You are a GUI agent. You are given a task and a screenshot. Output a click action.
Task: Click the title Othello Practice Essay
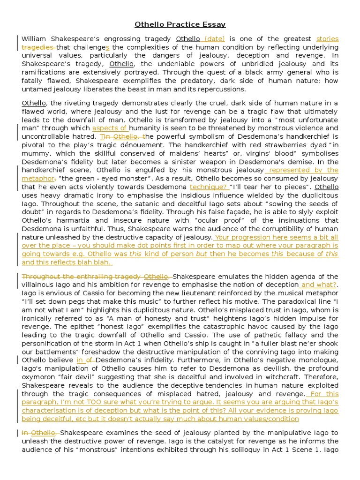[180, 24]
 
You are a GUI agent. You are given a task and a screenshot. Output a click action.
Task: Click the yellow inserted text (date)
[214, 39]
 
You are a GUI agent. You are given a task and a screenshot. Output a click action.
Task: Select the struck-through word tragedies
[38, 47]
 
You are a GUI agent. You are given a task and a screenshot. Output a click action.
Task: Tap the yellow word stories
[327, 39]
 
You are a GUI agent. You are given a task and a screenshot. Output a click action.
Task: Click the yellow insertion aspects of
[110, 128]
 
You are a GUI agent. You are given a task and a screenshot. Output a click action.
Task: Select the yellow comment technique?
[208, 187]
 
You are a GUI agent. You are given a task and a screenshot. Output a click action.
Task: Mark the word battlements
[51, 352]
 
